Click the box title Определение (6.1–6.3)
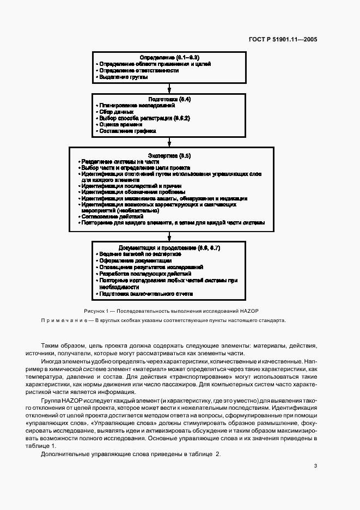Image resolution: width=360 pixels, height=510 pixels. pos(169,57)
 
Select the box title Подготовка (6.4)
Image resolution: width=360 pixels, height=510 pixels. pos(169,100)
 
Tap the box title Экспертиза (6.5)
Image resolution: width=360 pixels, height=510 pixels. pos(169,155)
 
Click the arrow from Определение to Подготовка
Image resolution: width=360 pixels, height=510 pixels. pos(169,87)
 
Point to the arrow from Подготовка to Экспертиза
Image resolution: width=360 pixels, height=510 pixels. pos(169,141)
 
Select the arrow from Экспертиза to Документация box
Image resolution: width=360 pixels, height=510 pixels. pos(169,235)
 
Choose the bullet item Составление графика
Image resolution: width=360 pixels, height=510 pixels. pos(126,131)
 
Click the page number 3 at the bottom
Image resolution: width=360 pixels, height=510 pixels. pos(315,465)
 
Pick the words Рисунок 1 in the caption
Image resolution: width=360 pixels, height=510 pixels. pos(96,309)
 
